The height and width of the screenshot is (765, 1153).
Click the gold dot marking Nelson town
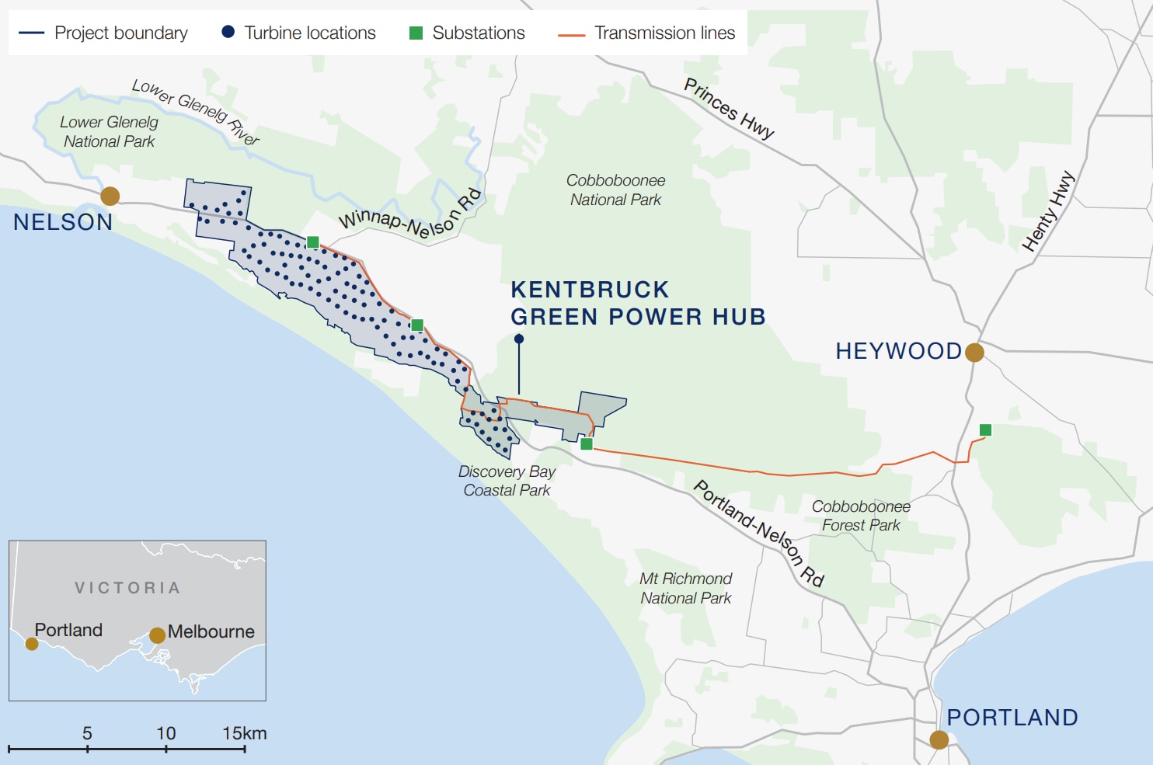110,196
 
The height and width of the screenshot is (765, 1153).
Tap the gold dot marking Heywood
974,353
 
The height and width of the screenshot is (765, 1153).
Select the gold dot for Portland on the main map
939,739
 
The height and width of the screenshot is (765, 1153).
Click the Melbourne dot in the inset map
157,635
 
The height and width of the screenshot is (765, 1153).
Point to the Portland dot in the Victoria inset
32,644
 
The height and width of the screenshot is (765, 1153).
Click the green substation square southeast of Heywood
985,430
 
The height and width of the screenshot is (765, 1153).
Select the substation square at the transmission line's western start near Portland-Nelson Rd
587,444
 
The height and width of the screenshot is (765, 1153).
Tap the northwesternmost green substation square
312,242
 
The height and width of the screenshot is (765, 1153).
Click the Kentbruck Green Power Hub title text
637,303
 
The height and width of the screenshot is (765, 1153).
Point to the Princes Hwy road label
729,109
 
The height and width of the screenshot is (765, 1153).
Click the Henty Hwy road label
1048,211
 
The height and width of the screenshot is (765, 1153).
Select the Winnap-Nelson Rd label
410,214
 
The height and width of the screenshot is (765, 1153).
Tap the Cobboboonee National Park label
615,190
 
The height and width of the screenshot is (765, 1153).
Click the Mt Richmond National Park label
685,589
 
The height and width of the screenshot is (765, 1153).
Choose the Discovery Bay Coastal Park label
507,481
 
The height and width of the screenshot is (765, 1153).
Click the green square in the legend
416,33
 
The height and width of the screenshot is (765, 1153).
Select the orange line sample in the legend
571,34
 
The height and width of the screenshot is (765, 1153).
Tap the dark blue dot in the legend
228,32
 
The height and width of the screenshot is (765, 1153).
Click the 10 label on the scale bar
165,733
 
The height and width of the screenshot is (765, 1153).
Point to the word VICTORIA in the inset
128,588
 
